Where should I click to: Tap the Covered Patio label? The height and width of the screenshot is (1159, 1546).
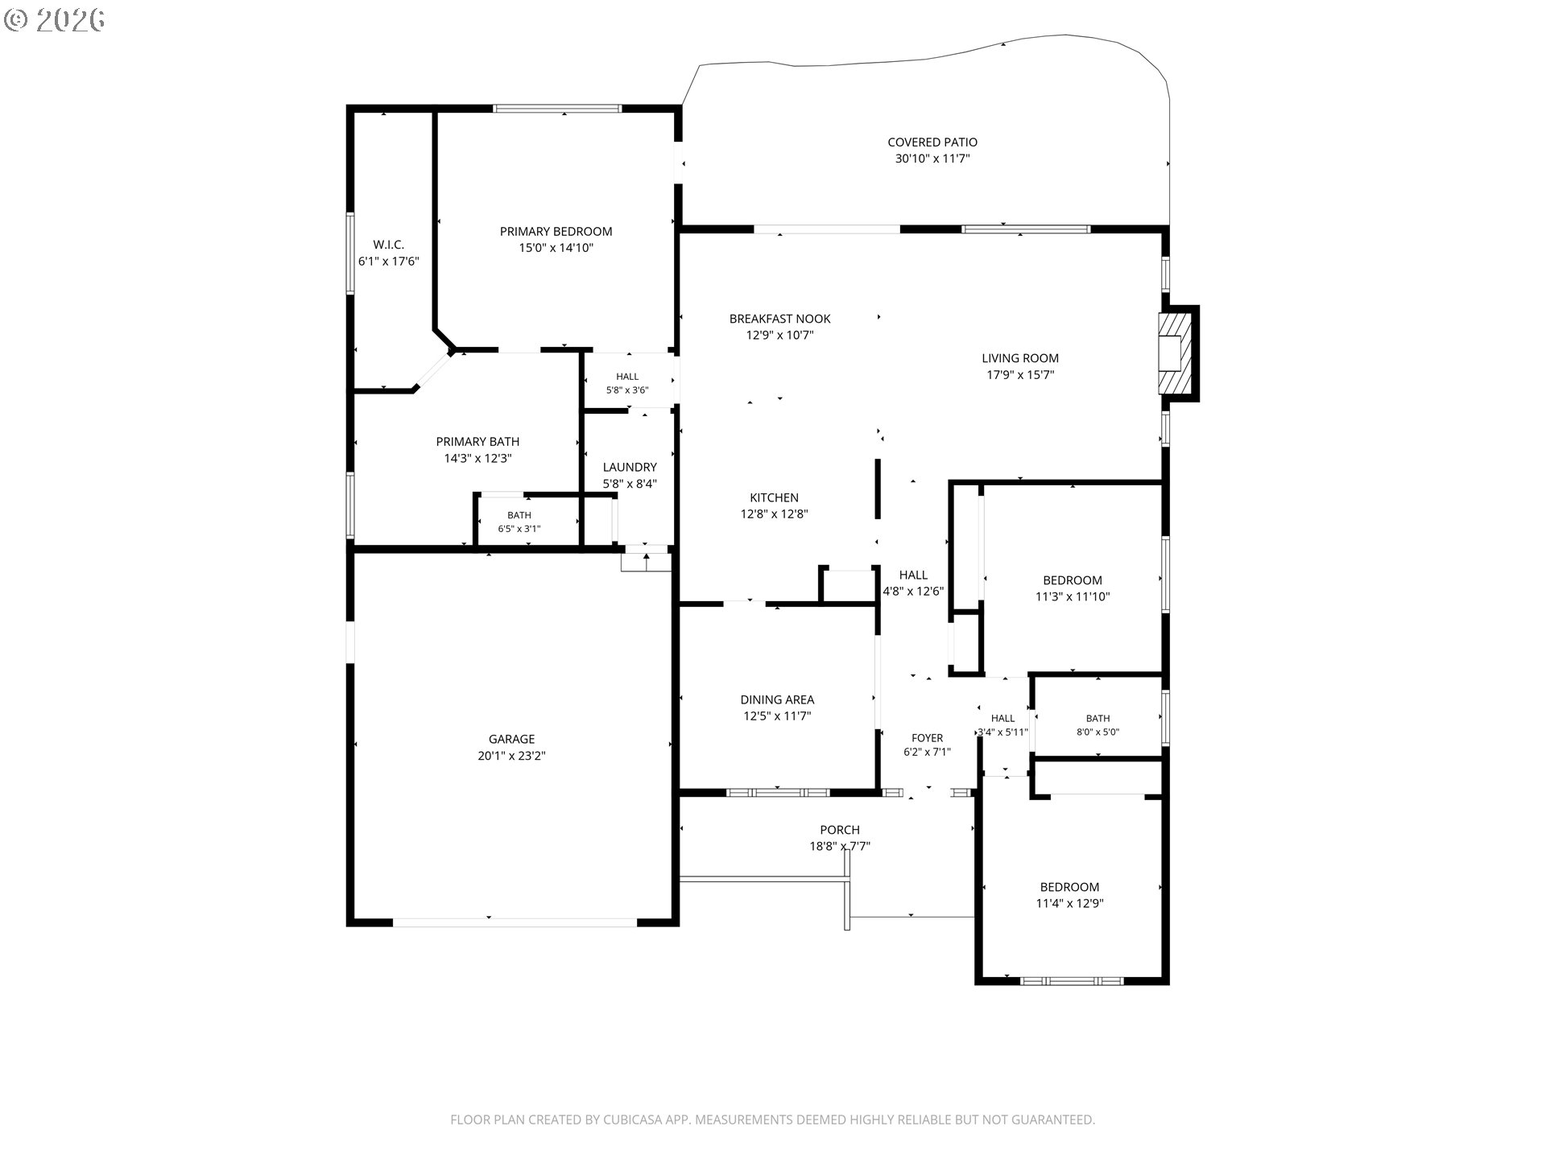932,142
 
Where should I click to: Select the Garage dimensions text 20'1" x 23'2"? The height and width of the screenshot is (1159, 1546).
511,756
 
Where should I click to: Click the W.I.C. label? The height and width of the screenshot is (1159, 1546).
388,245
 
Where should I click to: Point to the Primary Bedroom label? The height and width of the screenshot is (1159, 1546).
556,232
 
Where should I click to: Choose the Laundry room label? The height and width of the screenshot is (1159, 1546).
630,467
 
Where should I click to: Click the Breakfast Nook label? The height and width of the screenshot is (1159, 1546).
779,319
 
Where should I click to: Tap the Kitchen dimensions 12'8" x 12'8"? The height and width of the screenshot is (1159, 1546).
774,514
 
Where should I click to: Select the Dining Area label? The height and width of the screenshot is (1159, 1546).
777,699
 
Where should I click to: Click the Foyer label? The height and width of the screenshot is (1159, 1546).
927,738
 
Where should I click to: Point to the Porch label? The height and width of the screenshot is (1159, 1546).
840,830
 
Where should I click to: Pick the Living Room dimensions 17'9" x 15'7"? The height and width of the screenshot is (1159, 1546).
1020,375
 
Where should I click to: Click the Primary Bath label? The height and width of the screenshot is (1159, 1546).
477,442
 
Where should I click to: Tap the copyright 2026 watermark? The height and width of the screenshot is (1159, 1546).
54,20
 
